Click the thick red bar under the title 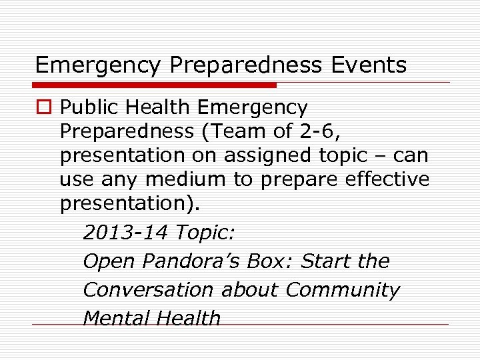point(155,85)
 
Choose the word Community point(343,290)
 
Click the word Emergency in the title point(98,65)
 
